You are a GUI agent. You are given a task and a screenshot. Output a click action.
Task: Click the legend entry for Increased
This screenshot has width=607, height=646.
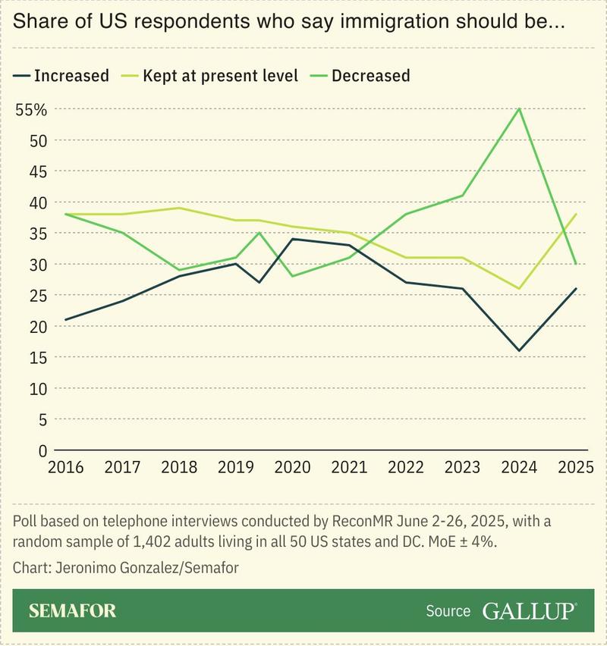[x=61, y=75]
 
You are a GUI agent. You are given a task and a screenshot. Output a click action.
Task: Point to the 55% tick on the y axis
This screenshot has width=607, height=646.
[x=31, y=109]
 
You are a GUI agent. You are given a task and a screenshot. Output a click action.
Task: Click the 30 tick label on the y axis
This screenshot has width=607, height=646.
[x=39, y=265]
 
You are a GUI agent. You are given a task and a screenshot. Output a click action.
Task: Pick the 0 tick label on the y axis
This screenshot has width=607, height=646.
[x=43, y=450]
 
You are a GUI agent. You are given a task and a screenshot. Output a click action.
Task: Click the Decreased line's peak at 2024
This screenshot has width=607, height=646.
[x=519, y=108]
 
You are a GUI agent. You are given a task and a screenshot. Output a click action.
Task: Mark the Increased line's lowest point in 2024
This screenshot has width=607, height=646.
[x=519, y=350]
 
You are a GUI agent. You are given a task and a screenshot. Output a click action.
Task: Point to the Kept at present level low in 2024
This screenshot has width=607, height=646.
[x=519, y=289]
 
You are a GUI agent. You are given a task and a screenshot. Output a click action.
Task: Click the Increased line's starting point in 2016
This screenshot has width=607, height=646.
[x=65, y=320]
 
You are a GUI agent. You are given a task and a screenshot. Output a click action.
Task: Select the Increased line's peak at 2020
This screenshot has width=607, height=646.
[x=292, y=239]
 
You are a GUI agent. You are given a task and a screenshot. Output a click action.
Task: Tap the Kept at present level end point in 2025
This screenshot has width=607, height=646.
[x=576, y=215]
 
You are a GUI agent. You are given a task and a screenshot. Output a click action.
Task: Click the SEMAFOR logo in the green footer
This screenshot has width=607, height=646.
[x=73, y=611]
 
